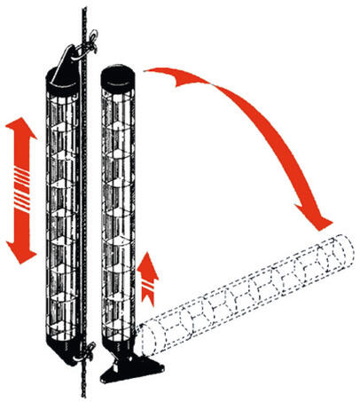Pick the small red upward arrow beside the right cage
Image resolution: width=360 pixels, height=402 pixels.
coord(152,271)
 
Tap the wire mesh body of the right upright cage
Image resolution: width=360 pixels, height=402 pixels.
coord(117,213)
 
